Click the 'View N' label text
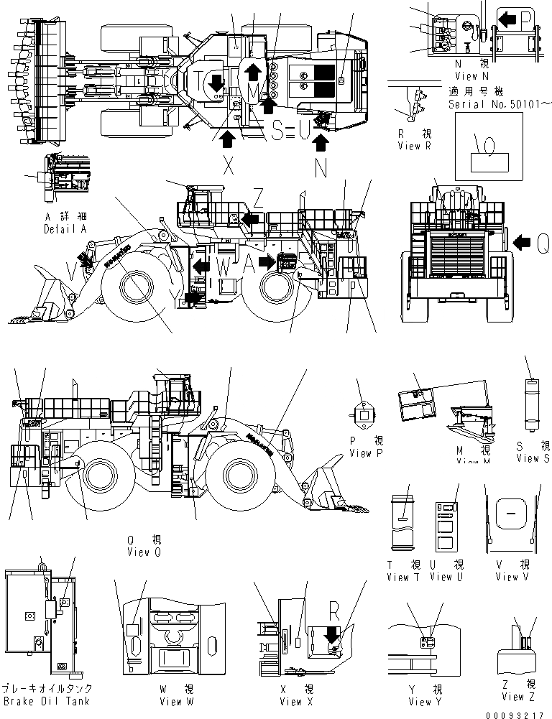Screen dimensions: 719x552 click(x=471, y=75)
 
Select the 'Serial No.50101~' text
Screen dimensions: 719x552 click(x=500, y=104)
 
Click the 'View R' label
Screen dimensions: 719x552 click(x=413, y=146)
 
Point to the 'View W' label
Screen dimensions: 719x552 click(x=170, y=701)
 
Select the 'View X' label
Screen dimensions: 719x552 click(x=291, y=701)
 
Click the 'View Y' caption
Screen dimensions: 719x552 click(x=420, y=701)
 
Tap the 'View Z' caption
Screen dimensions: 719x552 click(x=513, y=696)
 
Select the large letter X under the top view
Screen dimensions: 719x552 click(x=229, y=167)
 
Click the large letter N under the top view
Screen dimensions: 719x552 click(x=321, y=167)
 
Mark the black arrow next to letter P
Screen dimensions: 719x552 click(x=507, y=19)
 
